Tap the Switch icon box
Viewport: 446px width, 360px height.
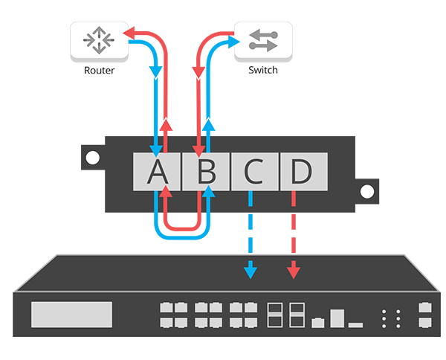coord(263,42)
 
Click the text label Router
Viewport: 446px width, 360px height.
coord(98,71)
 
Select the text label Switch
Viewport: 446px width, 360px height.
coord(263,71)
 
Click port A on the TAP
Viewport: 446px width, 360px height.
coord(156,172)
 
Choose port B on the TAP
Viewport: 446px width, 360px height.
coord(206,172)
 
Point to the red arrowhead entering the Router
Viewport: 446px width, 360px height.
coord(129,33)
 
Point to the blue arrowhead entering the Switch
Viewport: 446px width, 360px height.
coord(227,44)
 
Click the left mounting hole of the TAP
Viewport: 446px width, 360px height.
coord(91,158)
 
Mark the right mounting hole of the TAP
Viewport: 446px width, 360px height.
coord(366,191)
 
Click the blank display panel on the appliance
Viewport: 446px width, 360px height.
coord(71,315)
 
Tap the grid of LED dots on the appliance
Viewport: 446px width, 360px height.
coord(390,318)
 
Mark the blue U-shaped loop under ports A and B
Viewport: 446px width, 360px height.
coord(182,237)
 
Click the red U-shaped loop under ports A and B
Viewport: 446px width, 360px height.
coord(182,226)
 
